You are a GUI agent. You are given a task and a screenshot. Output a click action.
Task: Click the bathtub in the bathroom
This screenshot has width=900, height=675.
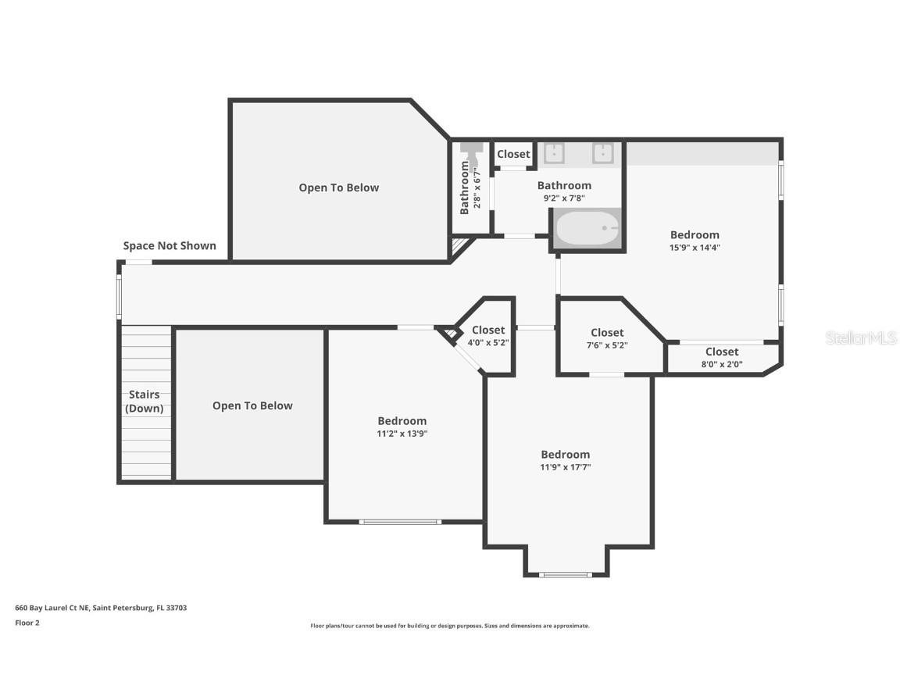click(587, 228)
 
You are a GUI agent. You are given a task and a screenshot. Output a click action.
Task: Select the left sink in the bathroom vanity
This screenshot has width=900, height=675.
click(554, 153)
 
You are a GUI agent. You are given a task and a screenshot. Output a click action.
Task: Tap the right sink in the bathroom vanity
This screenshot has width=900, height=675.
click(602, 153)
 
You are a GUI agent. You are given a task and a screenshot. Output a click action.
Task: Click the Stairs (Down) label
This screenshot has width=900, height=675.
click(145, 402)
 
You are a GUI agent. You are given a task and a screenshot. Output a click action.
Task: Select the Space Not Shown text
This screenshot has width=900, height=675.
click(170, 245)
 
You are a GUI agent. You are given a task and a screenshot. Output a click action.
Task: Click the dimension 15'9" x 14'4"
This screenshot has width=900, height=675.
click(695, 248)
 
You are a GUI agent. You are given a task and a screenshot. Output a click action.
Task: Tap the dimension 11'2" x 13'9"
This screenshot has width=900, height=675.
click(402, 434)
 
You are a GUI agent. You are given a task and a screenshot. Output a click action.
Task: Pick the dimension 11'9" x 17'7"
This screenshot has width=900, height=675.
click(565, 467)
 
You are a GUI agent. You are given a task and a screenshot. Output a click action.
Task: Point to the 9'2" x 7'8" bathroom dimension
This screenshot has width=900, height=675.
click(564, 198)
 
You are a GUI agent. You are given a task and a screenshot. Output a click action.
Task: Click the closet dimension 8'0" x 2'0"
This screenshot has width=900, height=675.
click(721, 364)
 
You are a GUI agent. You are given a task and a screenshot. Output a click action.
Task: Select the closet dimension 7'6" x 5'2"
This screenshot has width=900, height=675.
click(607, 345)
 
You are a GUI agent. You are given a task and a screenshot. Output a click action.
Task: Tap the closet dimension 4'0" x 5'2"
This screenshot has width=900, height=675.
click(487, 343)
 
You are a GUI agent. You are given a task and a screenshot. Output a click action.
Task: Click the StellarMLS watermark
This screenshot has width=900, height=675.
click(861, 337)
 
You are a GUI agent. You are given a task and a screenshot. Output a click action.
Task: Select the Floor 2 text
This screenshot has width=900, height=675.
click(27, 623)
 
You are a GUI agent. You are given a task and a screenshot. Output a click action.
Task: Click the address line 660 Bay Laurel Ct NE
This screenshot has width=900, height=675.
click(101, 608)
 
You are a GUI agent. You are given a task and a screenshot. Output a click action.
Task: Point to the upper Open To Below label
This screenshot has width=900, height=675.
click(338, 187)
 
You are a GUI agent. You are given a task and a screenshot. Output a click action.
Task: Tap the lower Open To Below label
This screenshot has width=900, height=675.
click(252, 405)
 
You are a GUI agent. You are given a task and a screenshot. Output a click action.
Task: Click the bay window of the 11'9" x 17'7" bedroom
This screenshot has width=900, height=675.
click(566, 575)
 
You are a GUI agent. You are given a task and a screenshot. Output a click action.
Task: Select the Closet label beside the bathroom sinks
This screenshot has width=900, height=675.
click(513, 154)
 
